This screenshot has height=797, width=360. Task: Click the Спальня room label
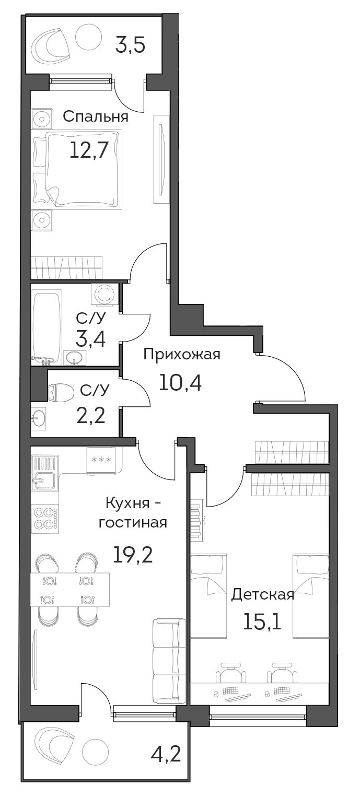click(96, 116)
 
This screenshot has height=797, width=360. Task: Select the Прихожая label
click(182, 355)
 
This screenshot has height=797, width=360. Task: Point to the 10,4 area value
click(180, 383)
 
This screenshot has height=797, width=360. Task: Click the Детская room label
click(262, 594)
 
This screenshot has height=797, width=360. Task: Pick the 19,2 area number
click(133, 554)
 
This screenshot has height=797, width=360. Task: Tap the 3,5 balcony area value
click(130, 45)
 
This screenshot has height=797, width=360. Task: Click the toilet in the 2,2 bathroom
click(60, 392)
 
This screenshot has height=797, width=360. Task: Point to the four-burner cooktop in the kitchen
click(45, 519)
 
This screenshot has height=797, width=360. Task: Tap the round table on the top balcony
click(89, 37)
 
